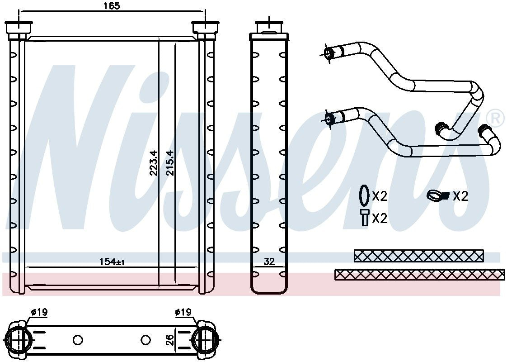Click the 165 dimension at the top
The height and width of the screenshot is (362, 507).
(x=112, y=6)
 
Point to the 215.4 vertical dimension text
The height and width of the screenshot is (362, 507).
(x=170, y=163)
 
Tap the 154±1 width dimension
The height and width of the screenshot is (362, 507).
(x=112, y=262)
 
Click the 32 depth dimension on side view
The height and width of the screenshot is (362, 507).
(x=269, y=262)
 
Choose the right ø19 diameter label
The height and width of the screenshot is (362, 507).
(x=183, y=312)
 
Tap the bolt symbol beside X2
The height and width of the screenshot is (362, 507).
(x=364, y=218)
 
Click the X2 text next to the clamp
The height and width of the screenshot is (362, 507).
(x=460, y=196)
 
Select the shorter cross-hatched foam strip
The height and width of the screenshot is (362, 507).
(x=418, y=256)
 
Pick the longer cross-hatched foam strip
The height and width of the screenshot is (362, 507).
(x=419, y=275)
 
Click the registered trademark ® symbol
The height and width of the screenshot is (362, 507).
(x=496, y=119)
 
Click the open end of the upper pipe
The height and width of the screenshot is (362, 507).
(x=329, y=54)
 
